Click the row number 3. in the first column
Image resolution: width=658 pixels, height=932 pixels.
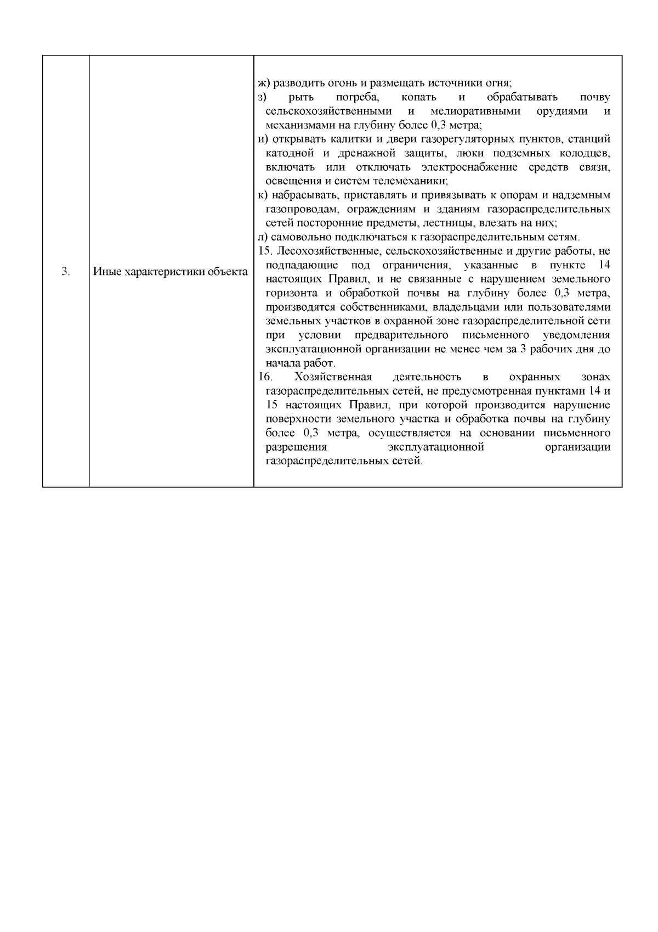click(65, 272)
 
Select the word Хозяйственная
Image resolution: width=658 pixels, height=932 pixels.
click(333, 377)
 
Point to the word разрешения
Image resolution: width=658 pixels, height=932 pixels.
click(290, 447)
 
